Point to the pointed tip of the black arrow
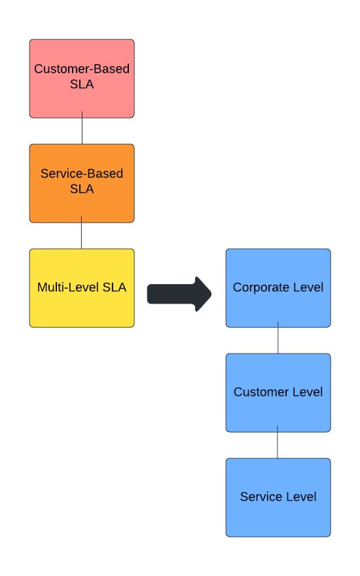coord(211,293)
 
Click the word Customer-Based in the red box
coord(82,69)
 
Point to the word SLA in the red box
coord(82,85)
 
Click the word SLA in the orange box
coord(82,190)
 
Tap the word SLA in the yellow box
coord(115,287)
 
